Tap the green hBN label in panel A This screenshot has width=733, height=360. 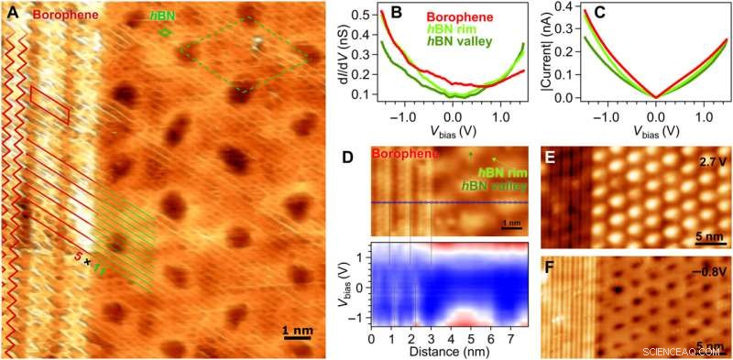(x=162, y=16)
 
